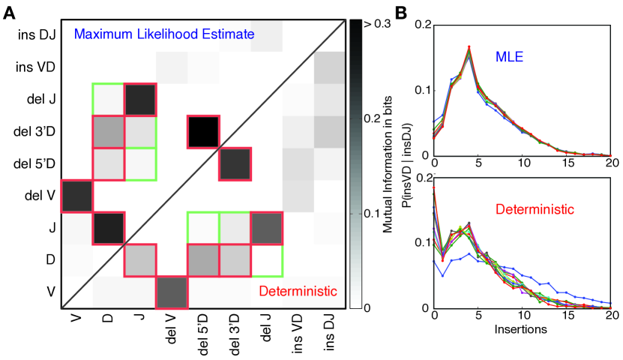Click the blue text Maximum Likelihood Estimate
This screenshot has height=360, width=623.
[163, 34]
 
